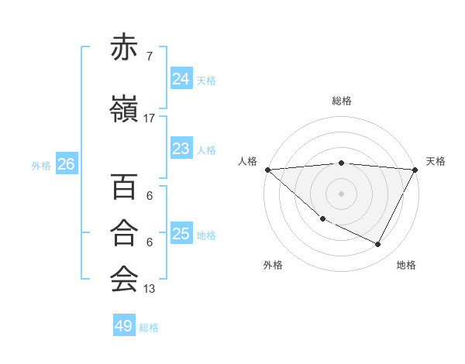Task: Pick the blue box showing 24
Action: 181,78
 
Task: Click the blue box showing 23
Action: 181,149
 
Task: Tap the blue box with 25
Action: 181,234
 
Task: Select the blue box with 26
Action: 66,163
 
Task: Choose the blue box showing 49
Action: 123,326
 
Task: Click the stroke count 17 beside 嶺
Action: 150,118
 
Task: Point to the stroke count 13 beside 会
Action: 150,289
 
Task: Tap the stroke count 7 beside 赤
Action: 149,56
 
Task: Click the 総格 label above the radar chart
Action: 342,101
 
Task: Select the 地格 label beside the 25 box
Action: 206,235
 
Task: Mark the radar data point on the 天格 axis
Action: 415,170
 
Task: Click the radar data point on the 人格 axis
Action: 267,170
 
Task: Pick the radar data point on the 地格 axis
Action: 378,244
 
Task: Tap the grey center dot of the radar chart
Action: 342,194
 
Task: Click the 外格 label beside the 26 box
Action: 41,165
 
